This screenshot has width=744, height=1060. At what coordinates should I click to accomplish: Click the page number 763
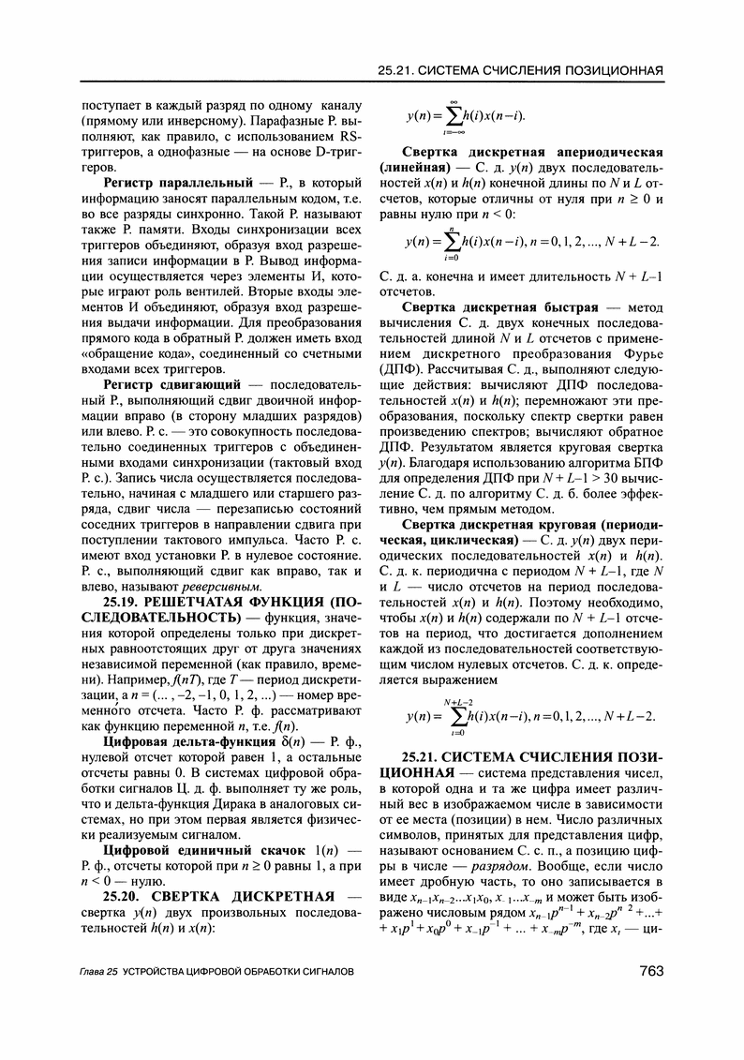pos(643,971)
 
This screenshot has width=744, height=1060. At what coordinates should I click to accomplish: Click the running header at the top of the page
pos(520,70)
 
